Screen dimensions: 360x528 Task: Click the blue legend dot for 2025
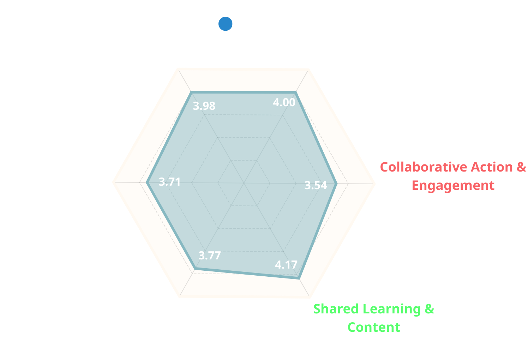tap(226, 24)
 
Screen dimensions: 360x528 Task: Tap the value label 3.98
tap(204, 106)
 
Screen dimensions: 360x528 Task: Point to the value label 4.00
tap(284, 102)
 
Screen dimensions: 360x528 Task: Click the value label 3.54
tap(316, 185)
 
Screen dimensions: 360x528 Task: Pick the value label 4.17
tap(286, 265)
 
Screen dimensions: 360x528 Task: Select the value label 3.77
tap(210, 256)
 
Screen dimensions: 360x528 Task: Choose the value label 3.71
tap(170, 182)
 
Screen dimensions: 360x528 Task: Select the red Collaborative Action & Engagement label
tap(453, 176)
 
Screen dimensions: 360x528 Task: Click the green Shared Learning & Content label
tap(374, 318)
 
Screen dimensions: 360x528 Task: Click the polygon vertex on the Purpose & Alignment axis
tap(191, 92)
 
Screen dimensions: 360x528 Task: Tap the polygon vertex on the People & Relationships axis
tap(296, 92)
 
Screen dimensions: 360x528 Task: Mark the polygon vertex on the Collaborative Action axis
tap(337, 184)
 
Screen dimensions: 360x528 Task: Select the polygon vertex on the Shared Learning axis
tap(299, 279)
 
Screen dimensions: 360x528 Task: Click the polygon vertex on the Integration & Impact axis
tap(195, 269)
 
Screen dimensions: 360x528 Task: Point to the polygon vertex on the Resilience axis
tap(147, 183)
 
